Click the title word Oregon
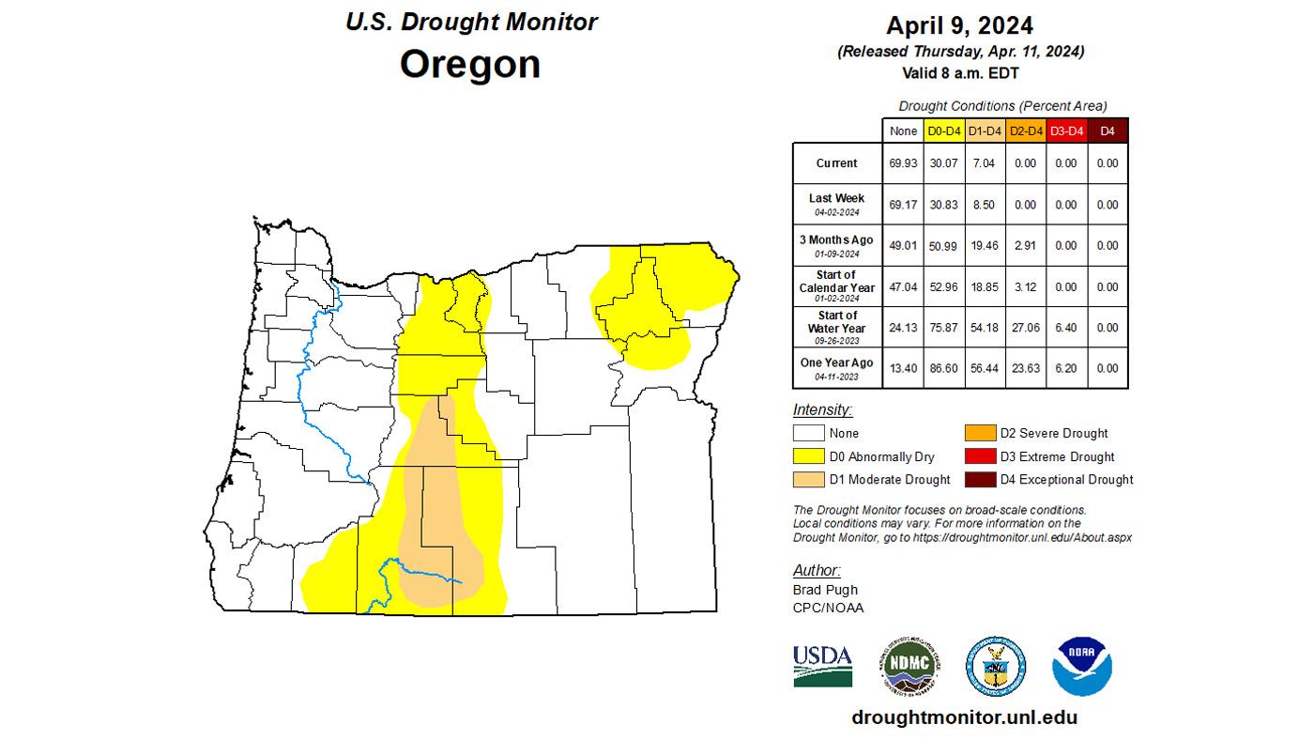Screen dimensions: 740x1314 (x=470, y=65)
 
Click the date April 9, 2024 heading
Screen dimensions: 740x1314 (x=961, y=25)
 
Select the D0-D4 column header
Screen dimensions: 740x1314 (x=943, y=131)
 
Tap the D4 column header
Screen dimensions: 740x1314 (x=1108, y=131)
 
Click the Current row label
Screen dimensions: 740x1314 (x=836, y=163)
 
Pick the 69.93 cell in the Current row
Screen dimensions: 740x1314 (x=903, y=163)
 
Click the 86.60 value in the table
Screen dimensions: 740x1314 (x=943, y=368)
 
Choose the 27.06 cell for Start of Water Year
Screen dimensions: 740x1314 (x=1025, y=328)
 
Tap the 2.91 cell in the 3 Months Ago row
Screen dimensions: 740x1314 (x=1025, y=245)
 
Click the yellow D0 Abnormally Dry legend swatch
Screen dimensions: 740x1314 (x=808, y=456)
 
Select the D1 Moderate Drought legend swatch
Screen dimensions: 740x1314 (x=808, y=480)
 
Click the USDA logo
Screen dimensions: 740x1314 (x=822, y=665)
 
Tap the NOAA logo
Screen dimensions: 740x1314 (x=1081, y=666)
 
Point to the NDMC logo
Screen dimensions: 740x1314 (x=909, y=666)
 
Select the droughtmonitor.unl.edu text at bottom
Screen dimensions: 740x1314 (x=964, y=717)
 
